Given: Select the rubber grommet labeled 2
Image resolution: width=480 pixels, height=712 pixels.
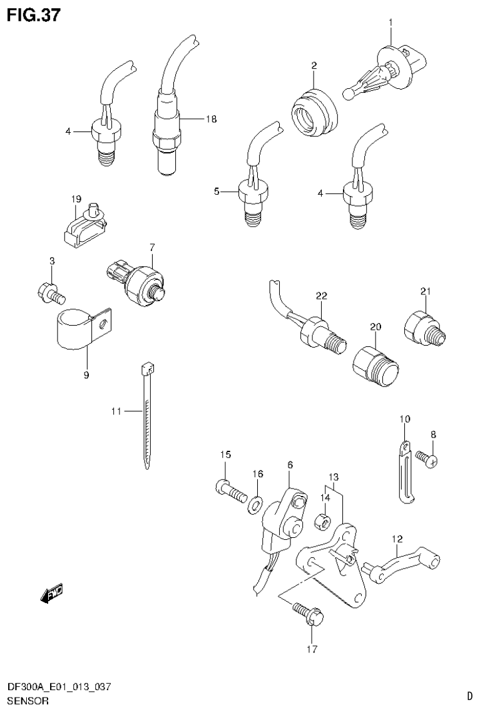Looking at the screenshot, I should pyautogui.click(x=315, y=113).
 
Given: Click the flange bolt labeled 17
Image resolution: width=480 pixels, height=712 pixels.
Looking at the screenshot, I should pyautogui.click(x=307, y=612).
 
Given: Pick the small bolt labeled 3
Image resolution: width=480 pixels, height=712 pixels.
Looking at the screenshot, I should pyautogui.click(x=49, y=291).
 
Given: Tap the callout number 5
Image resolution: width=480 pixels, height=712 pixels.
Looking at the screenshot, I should pyautogui.click(x=217, y=192).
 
